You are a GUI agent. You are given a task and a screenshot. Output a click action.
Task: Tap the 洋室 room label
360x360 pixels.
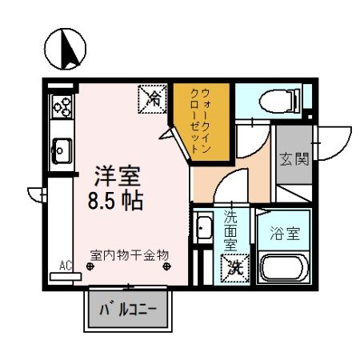115,174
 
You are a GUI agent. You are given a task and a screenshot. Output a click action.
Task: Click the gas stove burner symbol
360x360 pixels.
61,106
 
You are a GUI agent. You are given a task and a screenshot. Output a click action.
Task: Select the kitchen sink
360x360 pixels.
61,148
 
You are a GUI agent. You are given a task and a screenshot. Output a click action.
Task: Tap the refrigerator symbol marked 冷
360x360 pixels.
152,99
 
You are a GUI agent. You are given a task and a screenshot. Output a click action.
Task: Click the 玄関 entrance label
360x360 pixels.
293,158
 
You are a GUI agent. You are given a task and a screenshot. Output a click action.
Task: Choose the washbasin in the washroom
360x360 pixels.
204,227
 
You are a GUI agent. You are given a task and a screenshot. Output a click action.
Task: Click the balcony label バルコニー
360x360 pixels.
128,308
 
